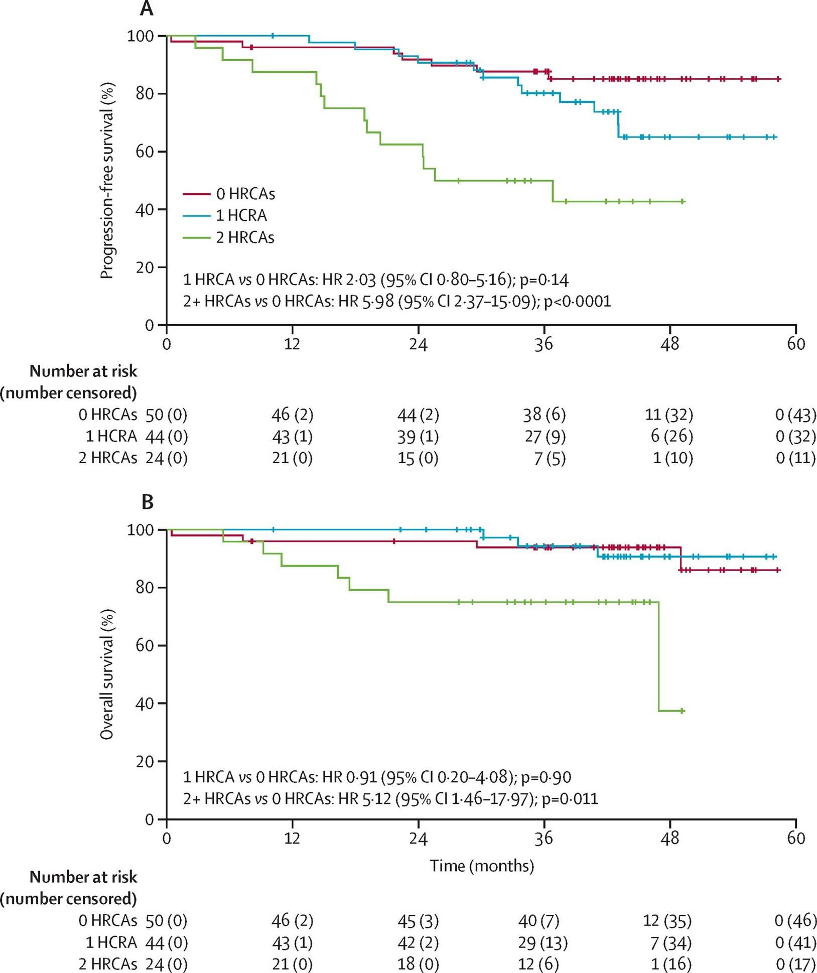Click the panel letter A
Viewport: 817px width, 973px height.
click(146, 8)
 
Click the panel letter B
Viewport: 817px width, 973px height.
click(147, 502)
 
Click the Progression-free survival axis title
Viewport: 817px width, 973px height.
click(107, 181)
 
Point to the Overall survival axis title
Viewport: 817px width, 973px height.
click(107, 674)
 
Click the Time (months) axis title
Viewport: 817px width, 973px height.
click(482, 866)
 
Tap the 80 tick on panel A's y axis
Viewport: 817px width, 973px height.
click(145, 94)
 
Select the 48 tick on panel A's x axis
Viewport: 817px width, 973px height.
click(670, 344)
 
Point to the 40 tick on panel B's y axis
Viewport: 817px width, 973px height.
click(145, 704)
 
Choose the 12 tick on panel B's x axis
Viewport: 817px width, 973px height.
click(292, 839)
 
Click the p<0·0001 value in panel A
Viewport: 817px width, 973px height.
click(578, 301)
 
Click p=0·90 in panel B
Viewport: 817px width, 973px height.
click(546, 777)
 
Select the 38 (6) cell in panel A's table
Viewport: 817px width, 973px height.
click(544, 414)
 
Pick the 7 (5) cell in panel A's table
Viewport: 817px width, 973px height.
click(550, 459)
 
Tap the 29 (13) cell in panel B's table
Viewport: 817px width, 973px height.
click(542, 943)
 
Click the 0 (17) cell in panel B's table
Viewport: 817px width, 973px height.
click(795, 964)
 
